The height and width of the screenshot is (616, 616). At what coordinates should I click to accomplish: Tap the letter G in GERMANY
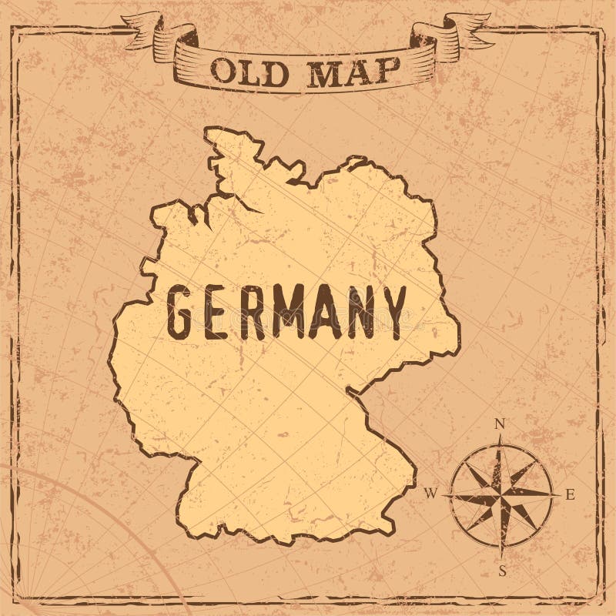coord(179,312)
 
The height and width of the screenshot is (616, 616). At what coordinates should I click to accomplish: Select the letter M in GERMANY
coord(289,312)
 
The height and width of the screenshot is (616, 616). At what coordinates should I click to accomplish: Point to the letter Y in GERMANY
coord(393,311)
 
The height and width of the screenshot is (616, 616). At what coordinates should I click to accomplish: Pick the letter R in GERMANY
coord(248,312)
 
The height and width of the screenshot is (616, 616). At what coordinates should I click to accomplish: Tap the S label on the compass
coord(501,571)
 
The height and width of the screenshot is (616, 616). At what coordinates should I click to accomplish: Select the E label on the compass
coord(571,496)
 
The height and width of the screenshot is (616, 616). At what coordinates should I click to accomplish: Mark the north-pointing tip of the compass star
coord(500,437)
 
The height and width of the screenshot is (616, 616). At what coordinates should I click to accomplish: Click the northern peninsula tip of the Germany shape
coord(212,134)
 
